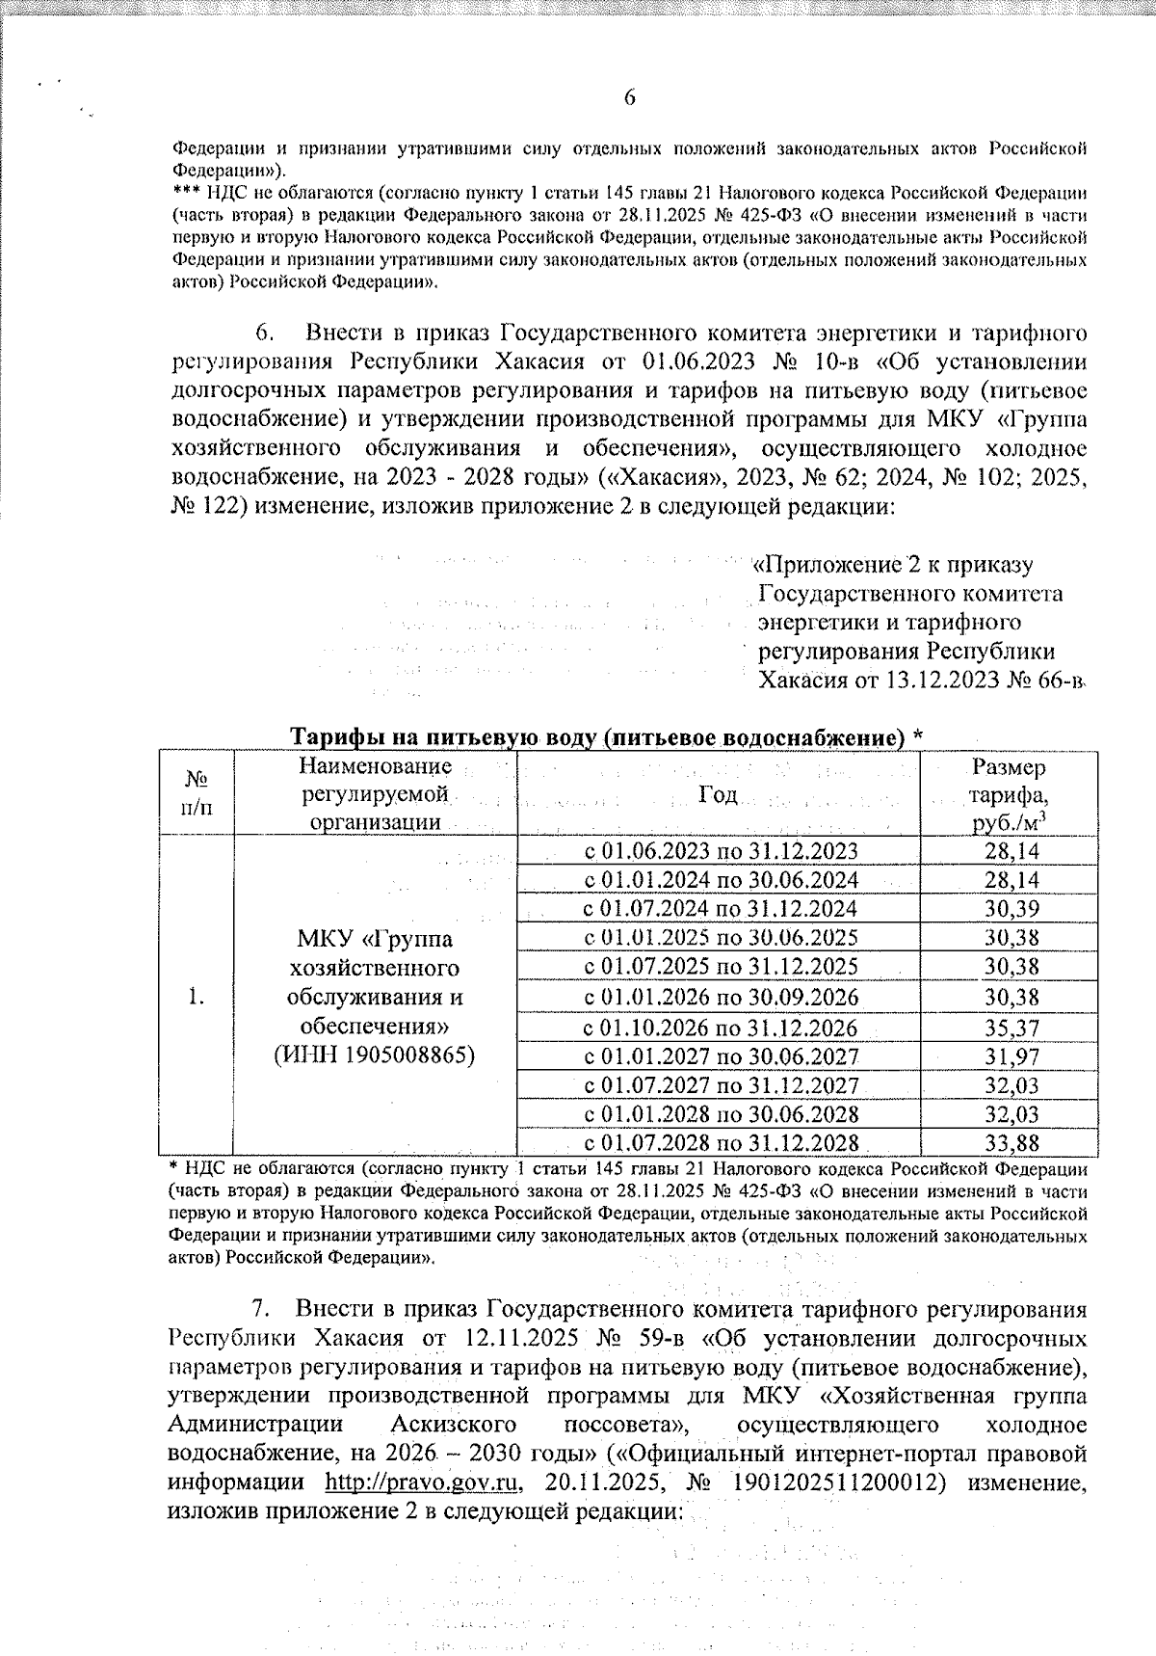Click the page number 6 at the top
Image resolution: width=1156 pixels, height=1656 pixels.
(630, 97)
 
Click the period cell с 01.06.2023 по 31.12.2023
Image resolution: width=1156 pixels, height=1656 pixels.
(722, 850)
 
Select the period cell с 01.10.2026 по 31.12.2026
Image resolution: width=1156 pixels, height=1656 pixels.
(722, 1028)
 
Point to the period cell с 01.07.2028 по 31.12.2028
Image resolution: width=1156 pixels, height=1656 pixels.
(722, 1142)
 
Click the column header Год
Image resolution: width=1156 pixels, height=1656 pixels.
(718, 794)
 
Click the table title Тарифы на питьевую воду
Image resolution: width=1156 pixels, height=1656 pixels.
(607, 737)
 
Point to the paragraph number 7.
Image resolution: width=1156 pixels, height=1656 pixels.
(259, 1310)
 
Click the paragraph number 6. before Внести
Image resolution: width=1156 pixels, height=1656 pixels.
(265, 334)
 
